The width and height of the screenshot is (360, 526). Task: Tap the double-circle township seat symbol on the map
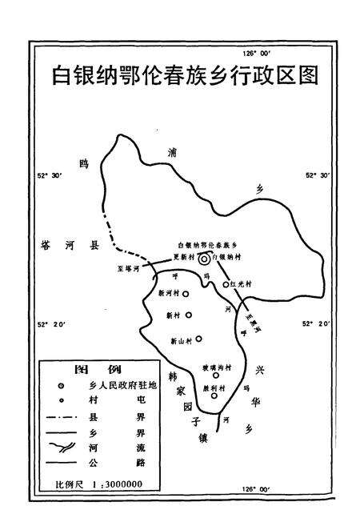point(204,259)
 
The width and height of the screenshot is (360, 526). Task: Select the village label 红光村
point(241,283)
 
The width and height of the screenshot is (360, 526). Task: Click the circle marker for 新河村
point(185,294)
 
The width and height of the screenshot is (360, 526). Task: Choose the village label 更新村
point(186,257)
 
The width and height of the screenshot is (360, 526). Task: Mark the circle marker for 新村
point(190,315)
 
